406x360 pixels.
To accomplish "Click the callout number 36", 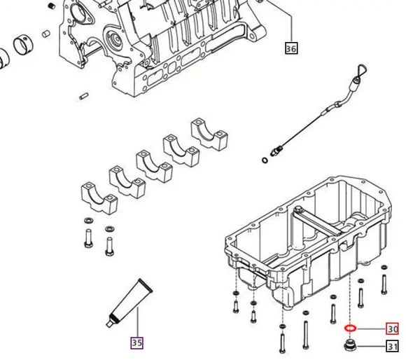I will click(x=291, y=48).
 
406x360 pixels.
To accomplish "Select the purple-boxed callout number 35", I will click(x=136, y=342).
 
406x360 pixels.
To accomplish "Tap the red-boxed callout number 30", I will click(x=392, y=328).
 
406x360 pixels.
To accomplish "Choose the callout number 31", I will click(x=392, y=346).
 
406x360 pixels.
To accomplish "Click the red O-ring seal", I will click(x=350, y=328).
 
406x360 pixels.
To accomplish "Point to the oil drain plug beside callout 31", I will click(x=350, y=346).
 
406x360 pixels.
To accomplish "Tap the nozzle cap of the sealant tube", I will click(x=109, y=322).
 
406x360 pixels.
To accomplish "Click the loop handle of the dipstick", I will click(x=360, y=70).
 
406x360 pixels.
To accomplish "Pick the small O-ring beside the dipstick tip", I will click(x=263, y=160).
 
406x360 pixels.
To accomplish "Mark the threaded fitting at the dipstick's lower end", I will click(x=279, y=149).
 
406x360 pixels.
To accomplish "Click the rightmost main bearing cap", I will click(x=208, y=132).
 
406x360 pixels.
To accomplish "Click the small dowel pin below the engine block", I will click(x=84, y=95).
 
